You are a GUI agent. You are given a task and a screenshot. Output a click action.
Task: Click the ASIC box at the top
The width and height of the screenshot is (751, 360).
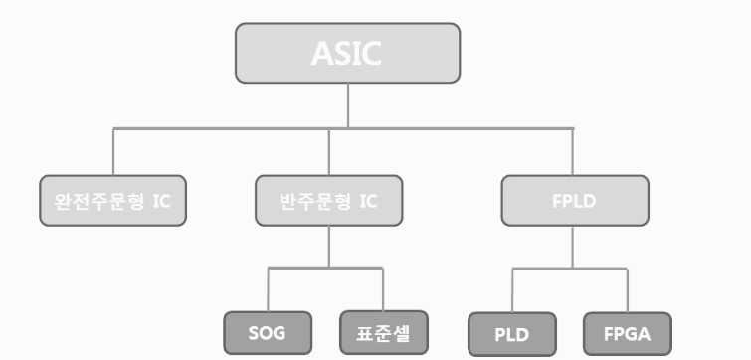[348, 53]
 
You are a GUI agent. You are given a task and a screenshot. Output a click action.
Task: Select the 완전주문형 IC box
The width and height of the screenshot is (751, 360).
[113, 201]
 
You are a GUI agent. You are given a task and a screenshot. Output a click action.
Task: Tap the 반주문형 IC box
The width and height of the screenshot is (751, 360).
[329, 201]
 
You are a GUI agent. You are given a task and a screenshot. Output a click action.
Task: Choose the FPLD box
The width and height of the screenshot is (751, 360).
[575, 201]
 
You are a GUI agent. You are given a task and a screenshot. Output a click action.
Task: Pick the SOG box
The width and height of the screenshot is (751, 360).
[268, 333]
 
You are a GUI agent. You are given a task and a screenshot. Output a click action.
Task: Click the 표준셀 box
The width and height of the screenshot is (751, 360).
[384, 333]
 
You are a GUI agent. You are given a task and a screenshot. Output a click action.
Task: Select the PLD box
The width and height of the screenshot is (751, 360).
[512, 334]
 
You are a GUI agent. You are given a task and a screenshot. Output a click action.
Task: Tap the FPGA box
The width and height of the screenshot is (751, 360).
[628, 334]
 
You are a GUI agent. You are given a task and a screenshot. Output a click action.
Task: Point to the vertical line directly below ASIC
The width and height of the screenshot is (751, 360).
[348, 105]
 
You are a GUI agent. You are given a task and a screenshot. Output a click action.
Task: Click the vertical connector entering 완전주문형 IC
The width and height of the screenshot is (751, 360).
[113, 152]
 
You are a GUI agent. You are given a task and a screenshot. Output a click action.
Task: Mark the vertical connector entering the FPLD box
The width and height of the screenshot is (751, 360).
[572, 152]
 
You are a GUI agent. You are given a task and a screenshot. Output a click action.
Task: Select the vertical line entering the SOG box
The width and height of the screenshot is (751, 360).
[268, 289]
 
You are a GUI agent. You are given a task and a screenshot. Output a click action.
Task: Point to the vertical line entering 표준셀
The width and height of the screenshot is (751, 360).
[383, 289]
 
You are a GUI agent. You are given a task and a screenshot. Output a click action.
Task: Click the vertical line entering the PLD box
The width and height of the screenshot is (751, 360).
[512, 290]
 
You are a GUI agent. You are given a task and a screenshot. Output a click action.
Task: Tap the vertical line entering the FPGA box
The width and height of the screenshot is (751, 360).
[628, 290]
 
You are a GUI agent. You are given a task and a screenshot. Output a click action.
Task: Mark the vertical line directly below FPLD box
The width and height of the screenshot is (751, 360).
[572, 247]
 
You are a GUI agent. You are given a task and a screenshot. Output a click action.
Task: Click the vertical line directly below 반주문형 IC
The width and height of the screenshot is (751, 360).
[329, 247]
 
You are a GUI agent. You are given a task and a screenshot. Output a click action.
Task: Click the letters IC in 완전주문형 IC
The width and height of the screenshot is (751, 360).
[162, 201]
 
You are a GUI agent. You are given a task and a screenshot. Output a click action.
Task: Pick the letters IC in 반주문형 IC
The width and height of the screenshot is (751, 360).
[368, 201]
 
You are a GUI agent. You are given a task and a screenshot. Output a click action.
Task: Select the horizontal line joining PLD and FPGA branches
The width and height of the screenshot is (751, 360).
[570, 269]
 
